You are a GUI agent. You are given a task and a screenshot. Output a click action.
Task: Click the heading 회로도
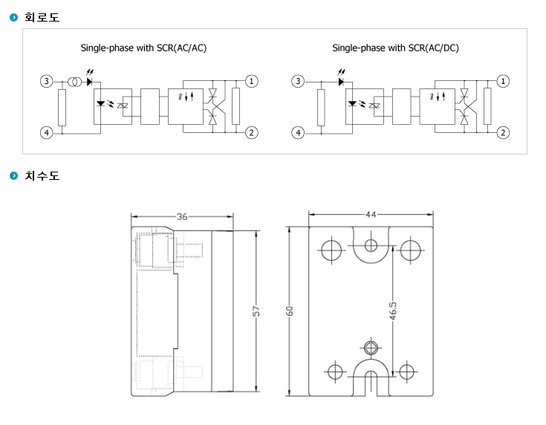coord(42,17)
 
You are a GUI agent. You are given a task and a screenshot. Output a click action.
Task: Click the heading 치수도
coord(42,175)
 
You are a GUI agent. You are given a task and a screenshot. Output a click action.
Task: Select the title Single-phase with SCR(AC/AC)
coord(143,48)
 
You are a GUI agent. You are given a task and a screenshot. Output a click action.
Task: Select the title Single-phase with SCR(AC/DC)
coord(395,48)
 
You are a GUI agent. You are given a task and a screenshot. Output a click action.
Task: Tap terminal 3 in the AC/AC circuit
coord(47,82)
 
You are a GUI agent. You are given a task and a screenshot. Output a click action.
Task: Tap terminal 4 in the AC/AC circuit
coord(47,133)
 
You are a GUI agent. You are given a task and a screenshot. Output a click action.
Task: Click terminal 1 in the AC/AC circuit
coord(251,82)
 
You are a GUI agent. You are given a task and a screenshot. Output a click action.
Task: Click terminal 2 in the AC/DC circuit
coord(503,133)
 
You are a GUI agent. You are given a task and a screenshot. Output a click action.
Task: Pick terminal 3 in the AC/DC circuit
coord(298,82)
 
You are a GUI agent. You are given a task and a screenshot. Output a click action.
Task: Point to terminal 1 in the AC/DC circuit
coord(503,82)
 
